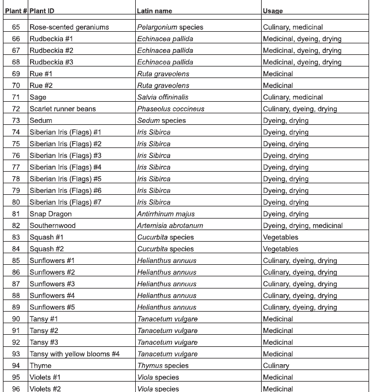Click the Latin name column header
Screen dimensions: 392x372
coord(154,11)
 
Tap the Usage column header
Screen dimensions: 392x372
coord(273,11)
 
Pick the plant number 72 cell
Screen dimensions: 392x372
coord(16,109)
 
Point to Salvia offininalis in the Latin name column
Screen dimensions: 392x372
coord(162,97)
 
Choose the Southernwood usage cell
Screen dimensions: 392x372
coord(303,225)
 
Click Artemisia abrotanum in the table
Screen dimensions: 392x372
coord(170,225)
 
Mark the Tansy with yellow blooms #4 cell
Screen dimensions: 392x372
coord(74,354)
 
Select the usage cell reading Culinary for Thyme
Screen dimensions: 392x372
coord(276,365)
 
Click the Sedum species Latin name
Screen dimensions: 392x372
coord(161,120)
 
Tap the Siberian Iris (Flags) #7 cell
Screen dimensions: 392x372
coord(65,202)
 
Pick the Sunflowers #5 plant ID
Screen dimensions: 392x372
coord(52,307)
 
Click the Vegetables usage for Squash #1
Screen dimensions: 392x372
coord(280,237)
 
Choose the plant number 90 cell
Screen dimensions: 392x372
coord(16,319)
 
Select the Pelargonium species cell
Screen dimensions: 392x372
coord(170,27)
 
